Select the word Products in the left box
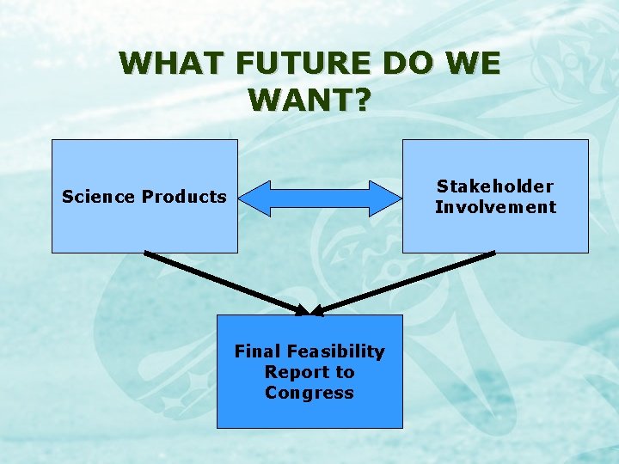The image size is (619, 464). (x=184, y=197)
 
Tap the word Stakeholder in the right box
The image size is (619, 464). (x=495, y=186)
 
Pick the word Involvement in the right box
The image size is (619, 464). (x=495, y=207)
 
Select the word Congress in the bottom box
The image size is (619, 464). (x=309, y=393)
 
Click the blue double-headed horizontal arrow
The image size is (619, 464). (x=320, y=198)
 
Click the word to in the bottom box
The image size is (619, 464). (x=345, y=372)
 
